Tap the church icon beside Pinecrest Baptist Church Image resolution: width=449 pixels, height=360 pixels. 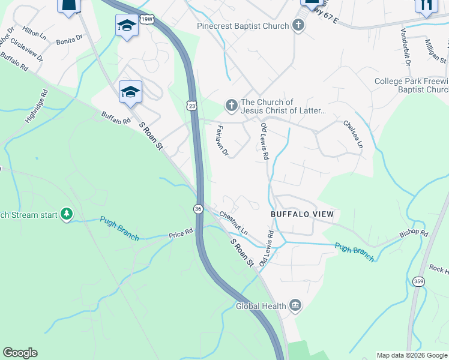[x=298, y=25]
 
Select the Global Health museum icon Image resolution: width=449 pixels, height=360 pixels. [x=295, y=306]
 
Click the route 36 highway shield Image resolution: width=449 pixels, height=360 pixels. [x=198, y=208]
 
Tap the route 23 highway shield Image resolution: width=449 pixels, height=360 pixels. [x=191, y=105]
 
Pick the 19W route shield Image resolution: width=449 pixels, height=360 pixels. [x=147, y=19]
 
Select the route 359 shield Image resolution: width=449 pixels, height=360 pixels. [x=418, y=280]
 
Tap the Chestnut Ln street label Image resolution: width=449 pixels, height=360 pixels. [x=234, y=223]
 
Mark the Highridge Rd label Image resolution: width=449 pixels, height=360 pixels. [x=35, y=107]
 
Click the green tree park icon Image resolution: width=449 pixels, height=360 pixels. [x=67, y=214]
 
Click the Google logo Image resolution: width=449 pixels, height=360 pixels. [x=20, y=353]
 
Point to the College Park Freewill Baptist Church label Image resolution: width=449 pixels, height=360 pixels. [x=411, y=86]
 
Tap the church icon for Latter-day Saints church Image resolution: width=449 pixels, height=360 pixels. [x=231, y=106]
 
